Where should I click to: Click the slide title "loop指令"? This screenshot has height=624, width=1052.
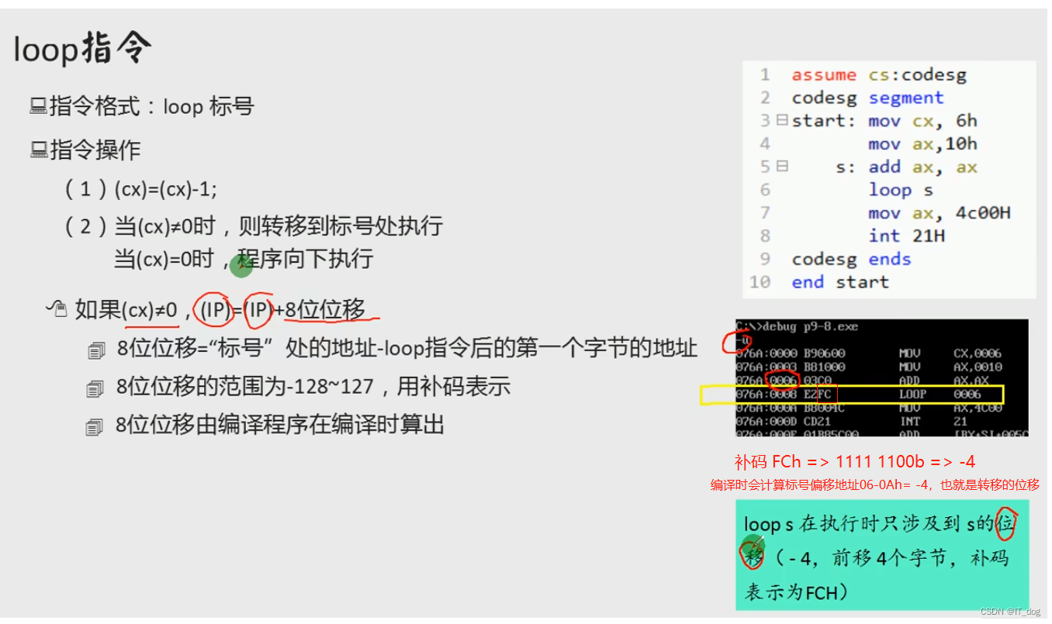coord(82,50)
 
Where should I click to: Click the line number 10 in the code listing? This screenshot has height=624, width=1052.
coord(760,282)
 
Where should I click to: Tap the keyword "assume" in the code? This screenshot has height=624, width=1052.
coord(824,75)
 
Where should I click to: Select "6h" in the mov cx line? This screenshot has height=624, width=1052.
coord(967,121)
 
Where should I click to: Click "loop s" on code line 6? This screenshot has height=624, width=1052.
coord(900,190)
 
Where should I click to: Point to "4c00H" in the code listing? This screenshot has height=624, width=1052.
coord(983,213)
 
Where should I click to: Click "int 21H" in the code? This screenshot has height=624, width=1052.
coord(906,236)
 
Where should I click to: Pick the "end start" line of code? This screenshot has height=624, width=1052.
coord(839,282)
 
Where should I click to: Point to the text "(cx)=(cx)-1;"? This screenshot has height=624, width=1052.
coord(165,189)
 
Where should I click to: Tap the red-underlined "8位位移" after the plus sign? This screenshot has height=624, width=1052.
coord(325,309)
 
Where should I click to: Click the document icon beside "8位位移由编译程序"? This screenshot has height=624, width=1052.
coord(95,426)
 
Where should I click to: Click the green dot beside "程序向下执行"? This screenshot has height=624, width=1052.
coord(241,266)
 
